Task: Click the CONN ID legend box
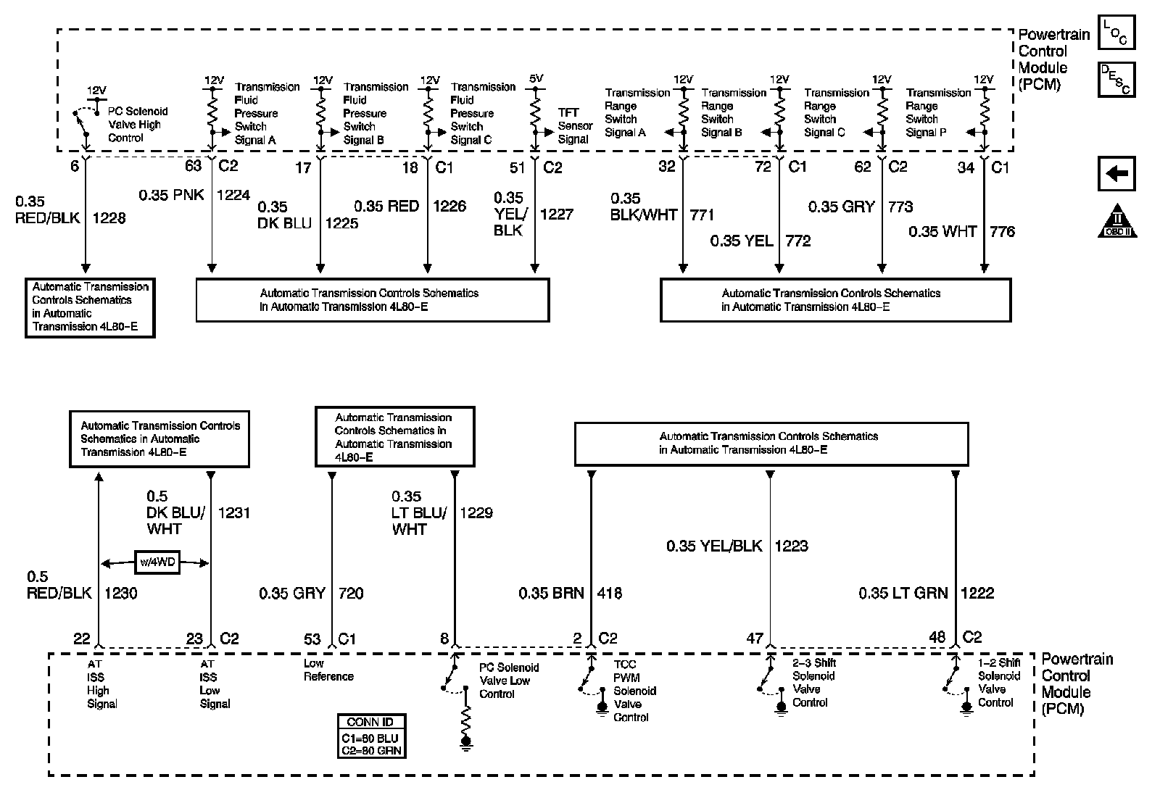click(371, 736)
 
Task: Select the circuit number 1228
click(109, 217)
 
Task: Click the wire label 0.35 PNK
click(173, 195)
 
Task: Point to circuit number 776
click(1002, 231)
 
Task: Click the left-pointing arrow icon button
click(1116, 175)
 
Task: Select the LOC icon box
click(1116, 33)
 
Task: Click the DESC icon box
click(1116, 79)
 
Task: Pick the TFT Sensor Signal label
click(575, 126)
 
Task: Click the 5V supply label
click(536, 78)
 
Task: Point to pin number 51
click(517, 168)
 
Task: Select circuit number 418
click(609, 593)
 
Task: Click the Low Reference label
click(328, 670)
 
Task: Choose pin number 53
click(312, 639)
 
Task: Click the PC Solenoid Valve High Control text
click(138, 124)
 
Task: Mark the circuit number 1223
click(791, 546)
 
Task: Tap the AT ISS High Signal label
click(101, 683)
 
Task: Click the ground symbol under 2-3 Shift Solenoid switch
click(781, 708)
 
